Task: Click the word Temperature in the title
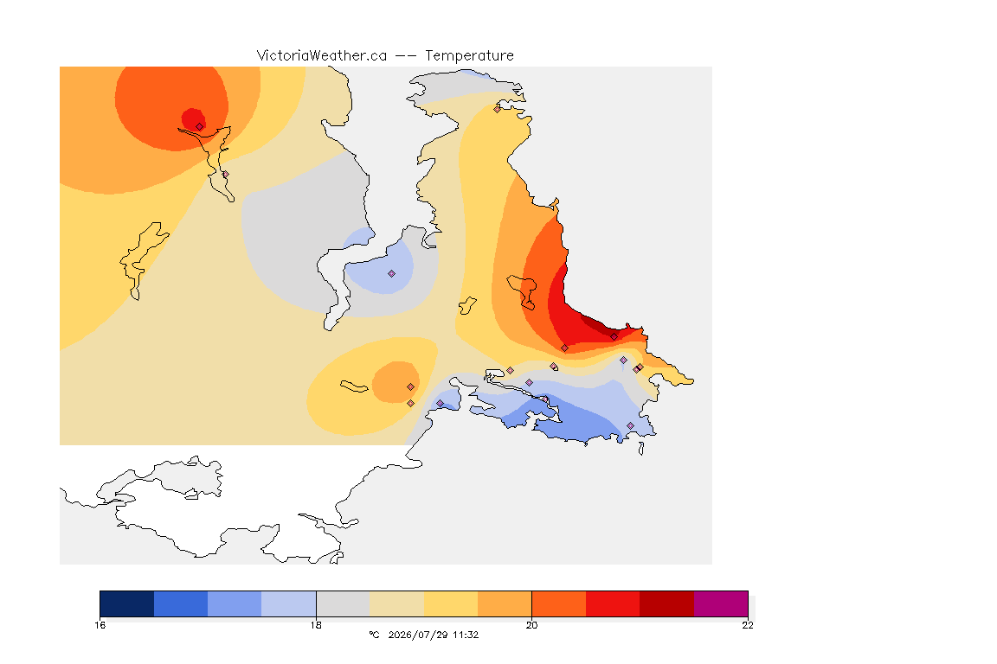click(469, 56)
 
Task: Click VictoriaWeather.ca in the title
click(322, 56)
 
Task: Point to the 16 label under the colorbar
click(100, 625)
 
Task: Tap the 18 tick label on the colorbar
click(316, 625)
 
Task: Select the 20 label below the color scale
click(531, 625)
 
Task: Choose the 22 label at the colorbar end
click(748, 625)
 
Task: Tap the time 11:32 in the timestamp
click(466, 635)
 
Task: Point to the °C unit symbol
click(374, 635)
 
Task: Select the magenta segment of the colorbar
click(721, 603)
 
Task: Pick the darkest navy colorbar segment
click(127, 603)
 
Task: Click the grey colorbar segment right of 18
click(344, 603)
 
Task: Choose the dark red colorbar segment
click(667, 603)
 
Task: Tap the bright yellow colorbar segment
click(451, 603)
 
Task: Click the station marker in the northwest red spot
click(200, 127)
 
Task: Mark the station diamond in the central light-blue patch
click(392, 274)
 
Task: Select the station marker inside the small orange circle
click(411, 387)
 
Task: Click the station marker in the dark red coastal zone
click(614, 337)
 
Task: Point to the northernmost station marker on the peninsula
click(498, 109)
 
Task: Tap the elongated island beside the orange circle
click(354, 386)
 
